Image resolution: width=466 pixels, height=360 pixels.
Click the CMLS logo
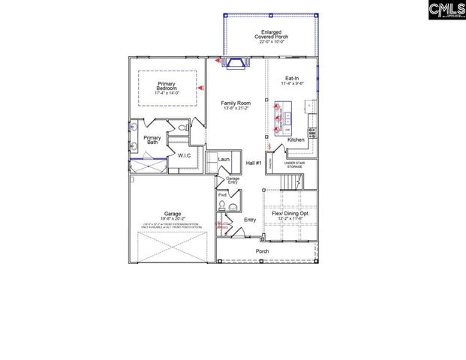click(x=446, y=10)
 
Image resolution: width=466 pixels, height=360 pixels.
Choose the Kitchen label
click(x=296, y=139)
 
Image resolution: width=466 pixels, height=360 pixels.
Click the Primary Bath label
click(x=152, y=140)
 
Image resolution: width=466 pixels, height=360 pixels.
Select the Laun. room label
click(x=223, y=159)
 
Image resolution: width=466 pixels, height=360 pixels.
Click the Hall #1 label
click(x=254, y=163)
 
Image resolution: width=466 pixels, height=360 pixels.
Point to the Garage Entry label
click(x=233, y=180)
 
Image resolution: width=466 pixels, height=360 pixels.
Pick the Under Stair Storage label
click(x=293, y=164)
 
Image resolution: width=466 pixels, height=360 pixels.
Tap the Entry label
click(x=250, y=219)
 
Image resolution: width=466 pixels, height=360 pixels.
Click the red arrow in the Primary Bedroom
click(x=200, y=88)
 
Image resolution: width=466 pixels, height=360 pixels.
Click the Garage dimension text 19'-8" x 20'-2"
click(x=171, y=219)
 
